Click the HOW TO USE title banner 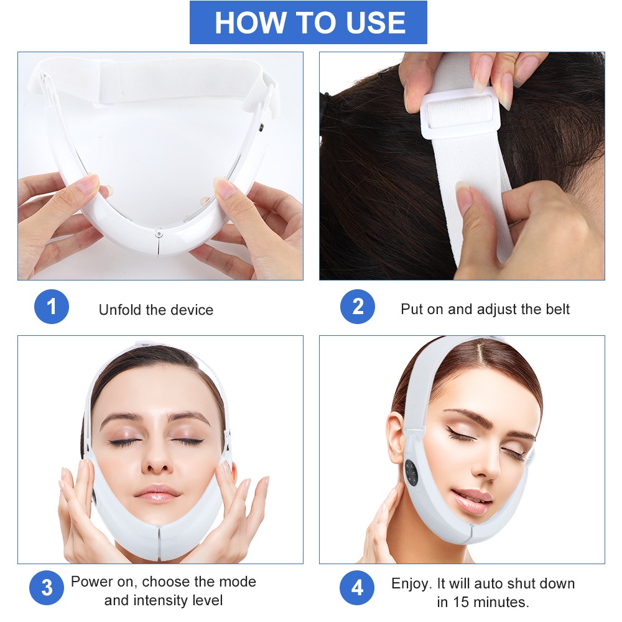309,22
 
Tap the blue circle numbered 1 52,307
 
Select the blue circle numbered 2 358,307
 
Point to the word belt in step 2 555,309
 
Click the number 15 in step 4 472,602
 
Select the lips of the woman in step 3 157,494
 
